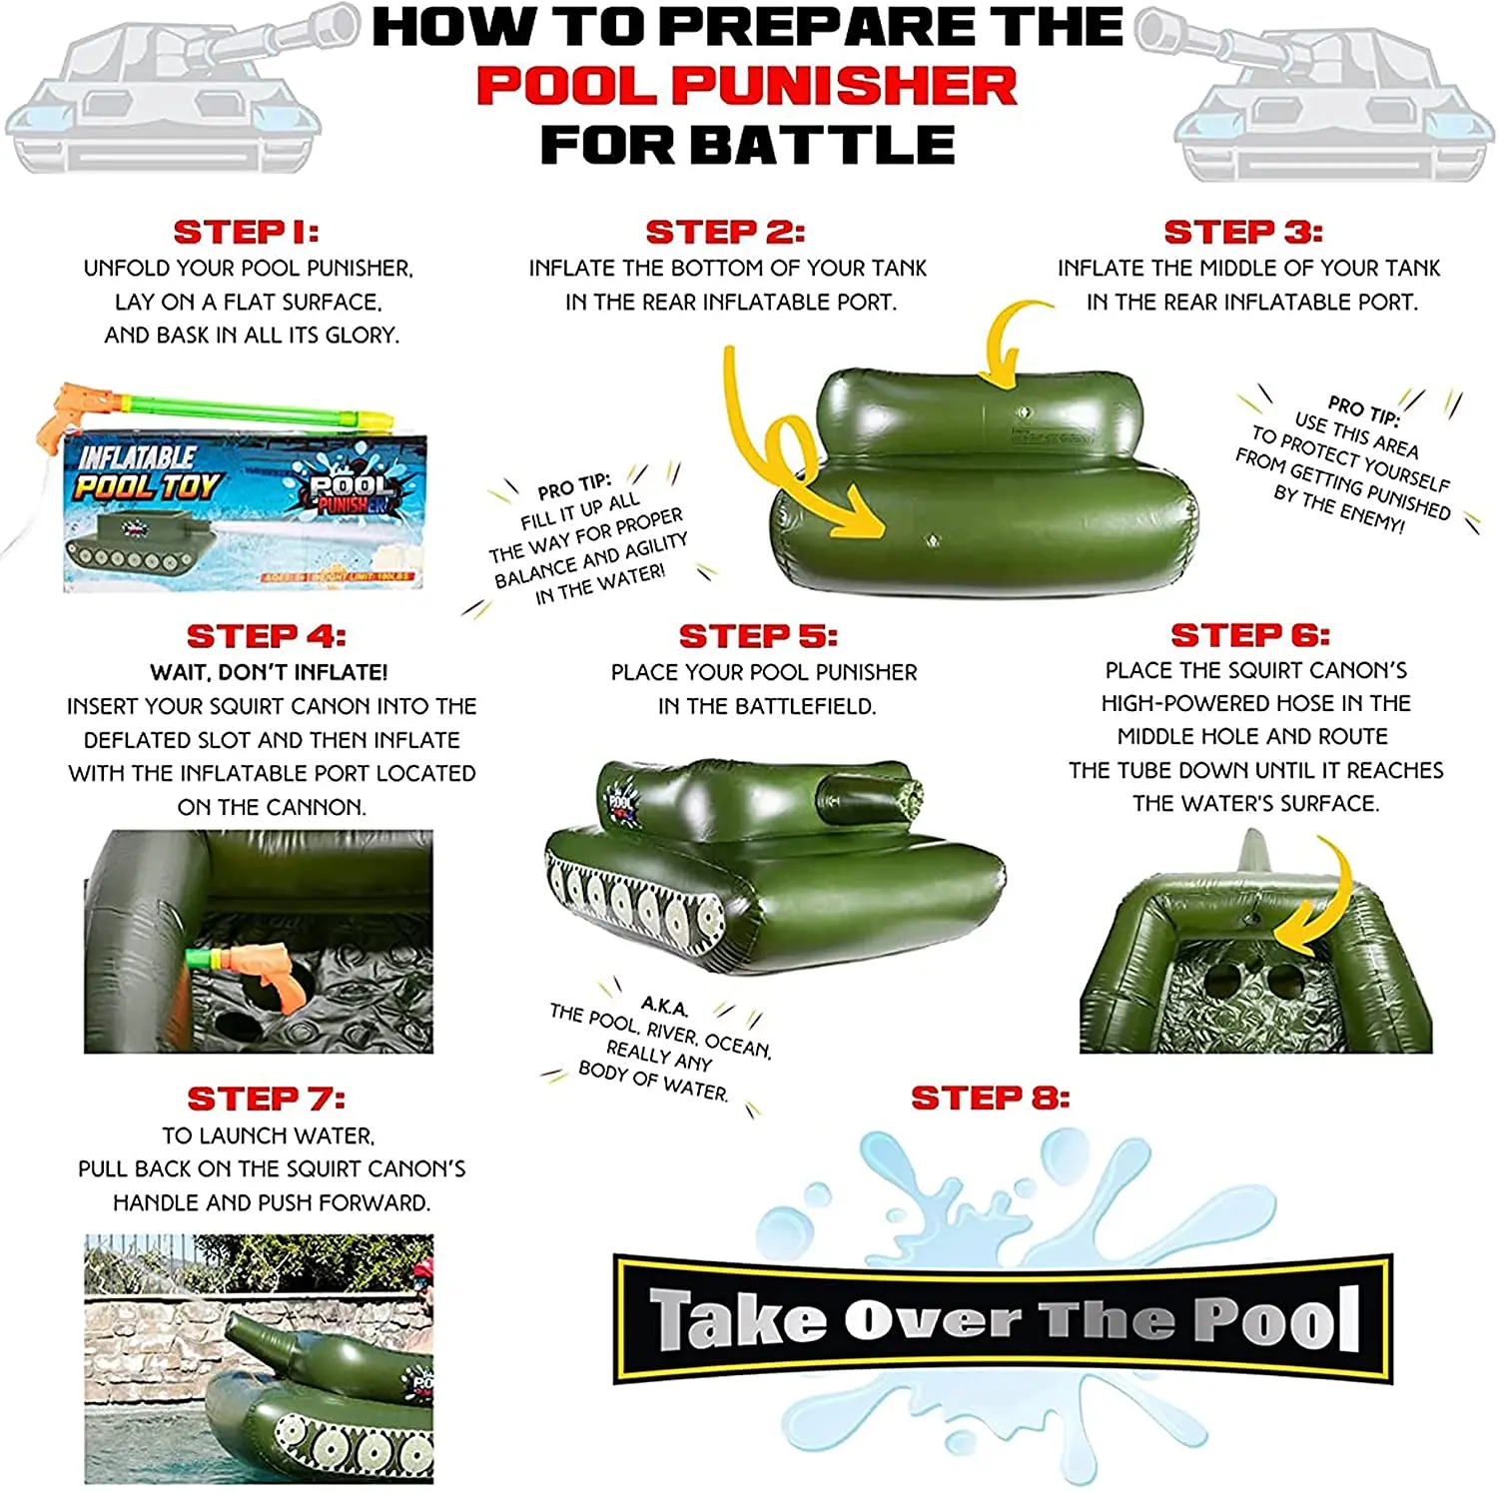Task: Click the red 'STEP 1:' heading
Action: click(246, 232)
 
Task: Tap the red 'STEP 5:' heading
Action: click(758, 636)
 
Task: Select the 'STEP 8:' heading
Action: click(990, 1099)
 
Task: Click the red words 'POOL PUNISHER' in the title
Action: click(746, 86)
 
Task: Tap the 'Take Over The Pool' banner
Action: click(1003, 1318)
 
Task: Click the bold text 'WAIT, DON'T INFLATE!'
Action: click(270, 672)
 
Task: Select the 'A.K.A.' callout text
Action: click(663, 1006)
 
